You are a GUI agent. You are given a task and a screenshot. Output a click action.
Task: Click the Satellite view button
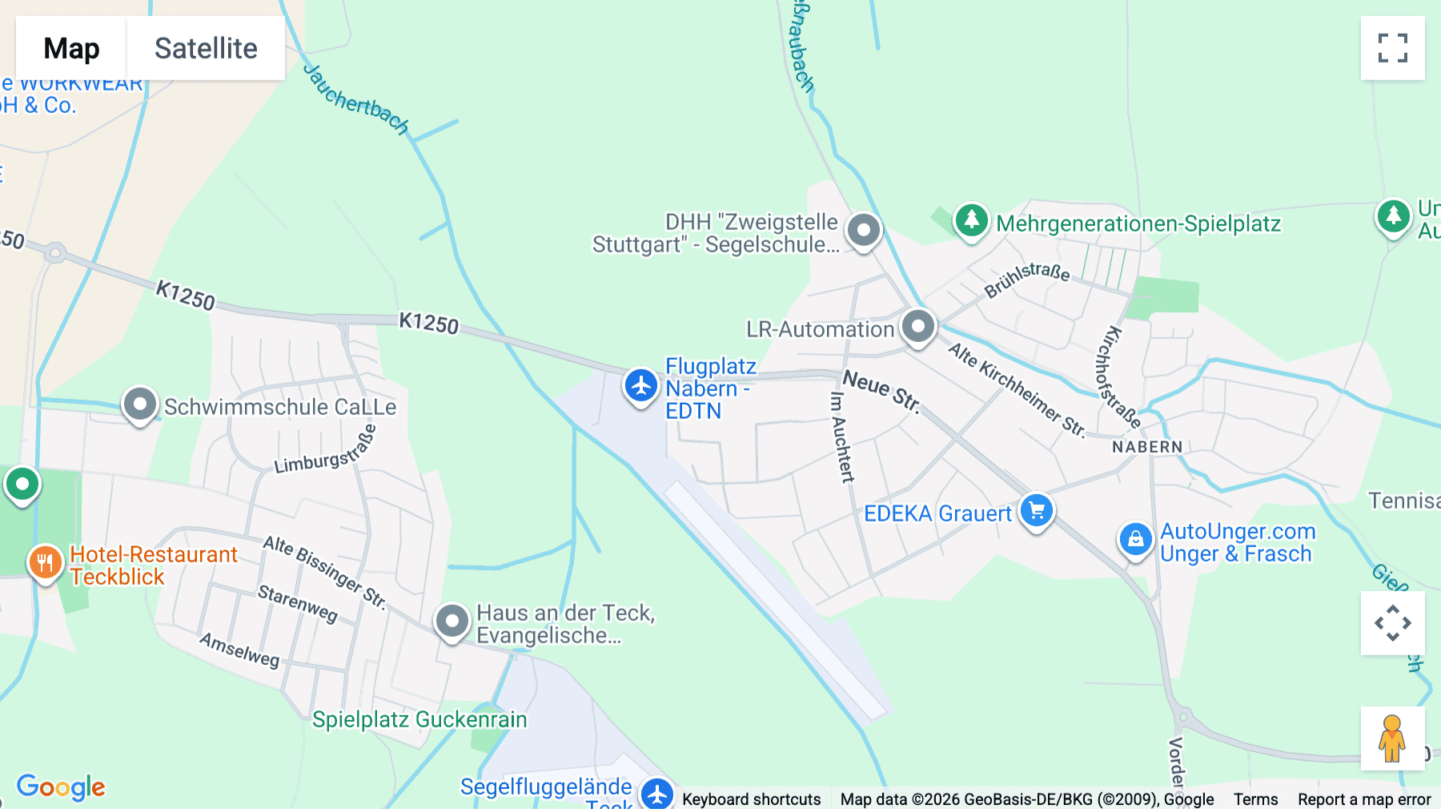click(x=206, y=48)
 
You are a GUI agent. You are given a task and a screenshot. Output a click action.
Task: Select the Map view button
click(x=71, y=48)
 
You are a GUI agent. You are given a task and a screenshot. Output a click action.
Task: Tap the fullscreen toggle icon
click(x=1392, y=48)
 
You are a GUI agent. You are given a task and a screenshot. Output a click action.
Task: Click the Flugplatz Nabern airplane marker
click(x=641, y=386)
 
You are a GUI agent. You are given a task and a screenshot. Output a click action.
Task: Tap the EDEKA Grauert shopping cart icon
click(x=1037, y=510)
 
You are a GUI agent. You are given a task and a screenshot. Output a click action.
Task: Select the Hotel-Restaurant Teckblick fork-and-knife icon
click(x=45, y=562)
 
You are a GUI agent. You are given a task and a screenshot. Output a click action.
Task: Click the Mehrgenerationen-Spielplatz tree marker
click(x=971, y=219)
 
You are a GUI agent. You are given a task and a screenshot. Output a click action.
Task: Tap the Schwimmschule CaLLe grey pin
click(x=140, y=404)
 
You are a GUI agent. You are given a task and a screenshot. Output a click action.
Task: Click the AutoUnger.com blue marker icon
click(x=1135, y=540)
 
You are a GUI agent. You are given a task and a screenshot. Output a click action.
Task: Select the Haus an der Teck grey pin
click(x=452, y=621)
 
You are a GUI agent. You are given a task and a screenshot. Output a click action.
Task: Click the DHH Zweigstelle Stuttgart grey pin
click(x=864, y=231)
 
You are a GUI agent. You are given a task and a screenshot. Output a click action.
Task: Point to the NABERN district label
click(x=1146, y=447)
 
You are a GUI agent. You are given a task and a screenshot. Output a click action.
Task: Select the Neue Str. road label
click(x=881, y=389)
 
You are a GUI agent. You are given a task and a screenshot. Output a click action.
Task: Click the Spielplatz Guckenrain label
click(x=419, y=719)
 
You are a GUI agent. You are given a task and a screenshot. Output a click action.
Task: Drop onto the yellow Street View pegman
click(x=1392, y=739)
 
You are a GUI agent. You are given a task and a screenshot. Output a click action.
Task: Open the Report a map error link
click(x=1364, y=799)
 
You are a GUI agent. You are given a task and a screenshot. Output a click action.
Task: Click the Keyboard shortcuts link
click(x=751, y=799)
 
